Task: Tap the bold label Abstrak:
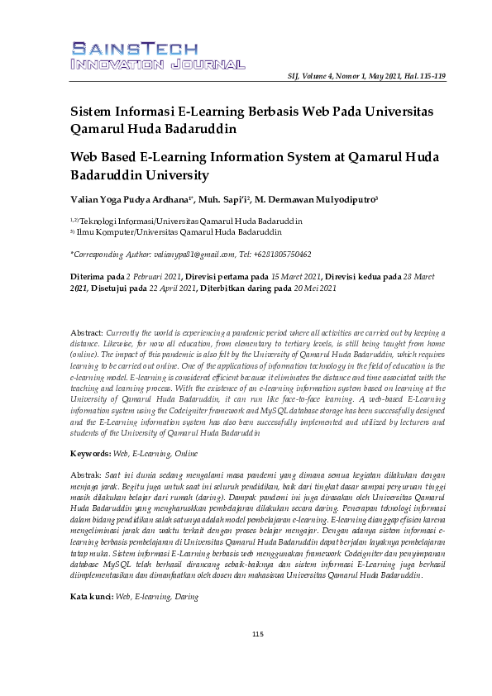coord(86,475)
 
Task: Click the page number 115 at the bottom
coord(257,634)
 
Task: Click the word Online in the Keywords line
coord(184,453)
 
